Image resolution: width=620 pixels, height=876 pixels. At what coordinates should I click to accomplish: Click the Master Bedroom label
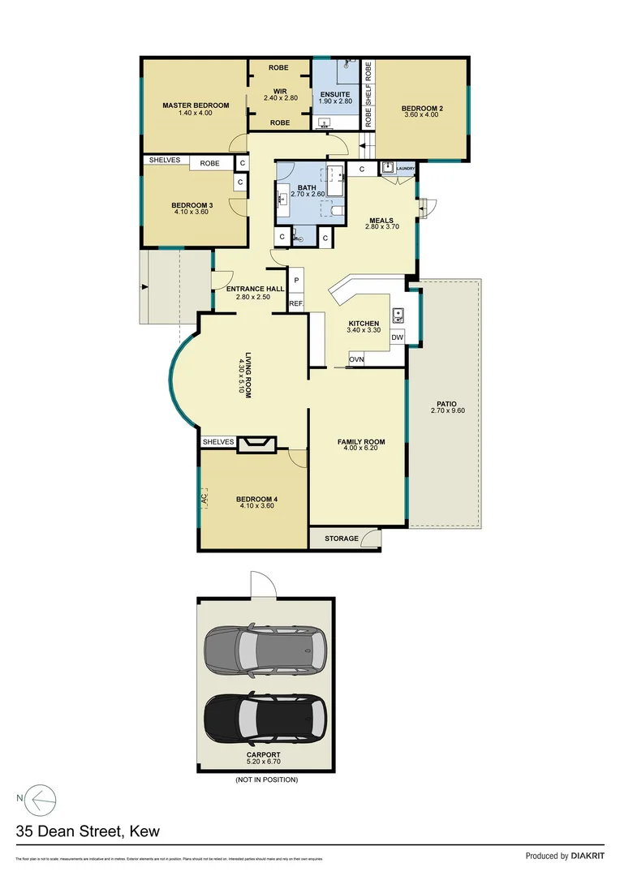coord(196,105)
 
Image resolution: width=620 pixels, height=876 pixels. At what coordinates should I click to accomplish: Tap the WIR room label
coord(280,91)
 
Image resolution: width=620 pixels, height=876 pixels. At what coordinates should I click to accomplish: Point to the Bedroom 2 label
coord(422,108)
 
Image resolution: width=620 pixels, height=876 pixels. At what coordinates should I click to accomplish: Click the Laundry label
coord(406,169)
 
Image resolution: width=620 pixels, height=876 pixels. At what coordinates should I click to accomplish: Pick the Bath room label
coord(307,187)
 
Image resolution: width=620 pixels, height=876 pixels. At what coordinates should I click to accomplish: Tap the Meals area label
coord(381,220)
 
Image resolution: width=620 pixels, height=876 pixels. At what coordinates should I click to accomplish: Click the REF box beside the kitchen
coord(295,303)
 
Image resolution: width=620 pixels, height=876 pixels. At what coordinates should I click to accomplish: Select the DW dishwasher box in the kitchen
coord(398,337)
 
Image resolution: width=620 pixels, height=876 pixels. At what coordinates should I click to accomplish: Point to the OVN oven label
coord(356,359)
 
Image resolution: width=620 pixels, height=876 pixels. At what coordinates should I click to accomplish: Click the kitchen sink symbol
coord(398,314)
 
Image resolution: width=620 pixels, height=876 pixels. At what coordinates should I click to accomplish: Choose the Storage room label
coord(342,539)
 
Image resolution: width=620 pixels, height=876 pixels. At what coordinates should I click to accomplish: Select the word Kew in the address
coord(143,831)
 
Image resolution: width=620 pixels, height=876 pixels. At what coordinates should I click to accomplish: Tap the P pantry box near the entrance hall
coord(296,281)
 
